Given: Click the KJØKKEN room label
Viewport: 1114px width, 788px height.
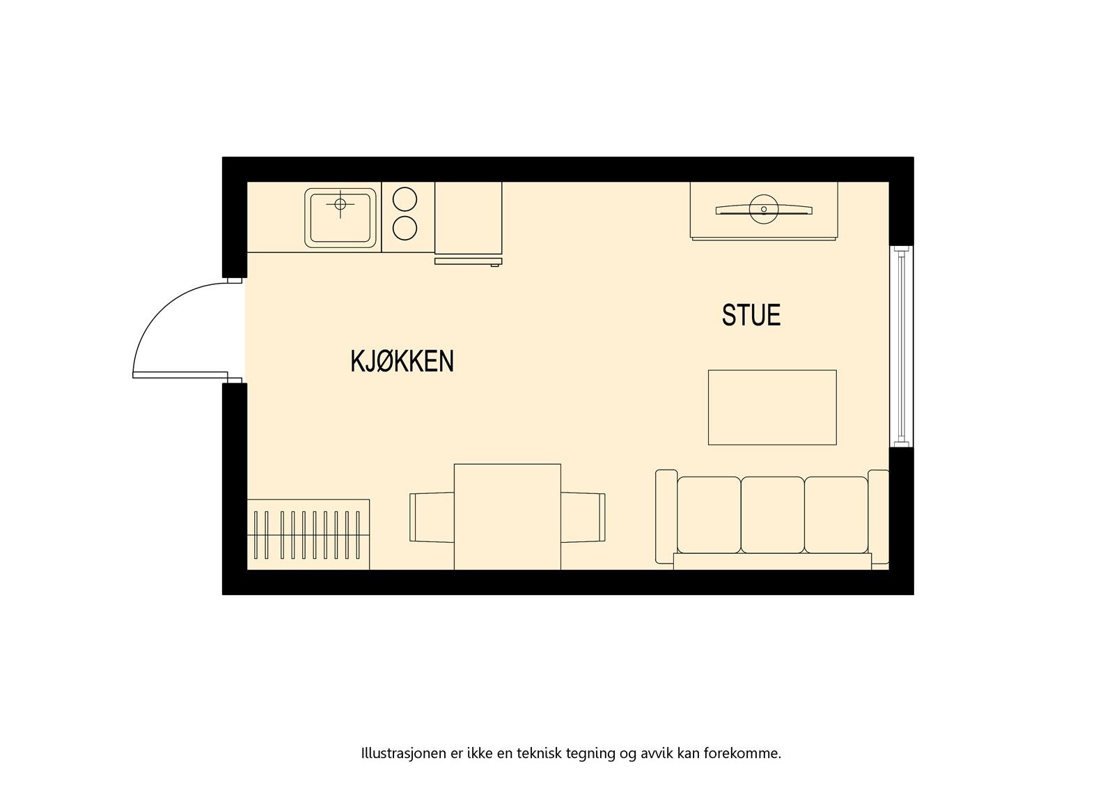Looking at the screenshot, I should tap(402, 362).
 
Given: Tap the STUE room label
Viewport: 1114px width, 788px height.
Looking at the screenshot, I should tap(751, 315).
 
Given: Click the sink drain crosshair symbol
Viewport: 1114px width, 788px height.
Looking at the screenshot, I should tap(340, 204).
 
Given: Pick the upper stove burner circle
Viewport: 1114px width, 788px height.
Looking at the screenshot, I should tap(405, 200).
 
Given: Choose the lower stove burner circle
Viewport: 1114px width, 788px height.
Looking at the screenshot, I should tap(405, 228).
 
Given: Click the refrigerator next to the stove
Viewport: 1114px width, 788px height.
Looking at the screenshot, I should tap(468, 218).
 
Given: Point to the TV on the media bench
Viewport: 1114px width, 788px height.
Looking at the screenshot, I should tap(763, 209).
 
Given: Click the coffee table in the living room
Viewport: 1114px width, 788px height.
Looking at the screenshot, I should tap(772, 408).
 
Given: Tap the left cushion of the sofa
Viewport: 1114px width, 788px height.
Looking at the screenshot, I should tap(709, 514).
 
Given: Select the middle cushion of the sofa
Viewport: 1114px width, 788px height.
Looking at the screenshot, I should tap(772, 514).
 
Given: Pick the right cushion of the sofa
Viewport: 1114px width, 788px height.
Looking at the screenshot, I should tap(835, 514).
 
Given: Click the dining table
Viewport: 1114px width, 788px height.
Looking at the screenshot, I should tap(507, 516).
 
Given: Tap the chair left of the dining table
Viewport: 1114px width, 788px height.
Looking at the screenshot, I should tap(432, 517).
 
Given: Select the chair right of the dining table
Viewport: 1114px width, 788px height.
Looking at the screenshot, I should tap(583, 517).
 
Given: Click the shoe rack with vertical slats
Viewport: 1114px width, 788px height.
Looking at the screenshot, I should tap(308, 534).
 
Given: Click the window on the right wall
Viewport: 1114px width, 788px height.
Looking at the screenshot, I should tap(902, 346).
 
